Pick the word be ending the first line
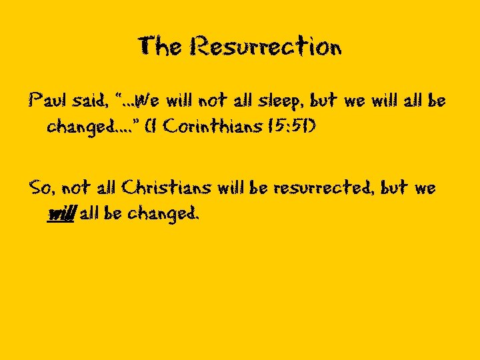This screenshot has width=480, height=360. [x=437, y=102]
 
